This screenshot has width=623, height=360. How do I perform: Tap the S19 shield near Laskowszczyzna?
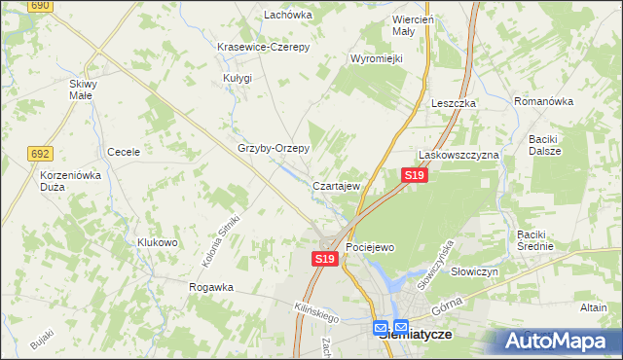414,175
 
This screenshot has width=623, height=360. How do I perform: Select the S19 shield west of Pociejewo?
325,259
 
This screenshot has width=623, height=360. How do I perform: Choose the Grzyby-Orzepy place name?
274,149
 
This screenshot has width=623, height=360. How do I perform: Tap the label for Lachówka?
288,15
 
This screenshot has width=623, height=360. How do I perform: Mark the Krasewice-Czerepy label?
262,47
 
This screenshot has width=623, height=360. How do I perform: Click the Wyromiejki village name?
377,58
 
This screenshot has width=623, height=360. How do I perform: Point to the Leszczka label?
453,103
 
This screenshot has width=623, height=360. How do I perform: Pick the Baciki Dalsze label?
551,145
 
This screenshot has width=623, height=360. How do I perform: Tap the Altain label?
593,307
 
